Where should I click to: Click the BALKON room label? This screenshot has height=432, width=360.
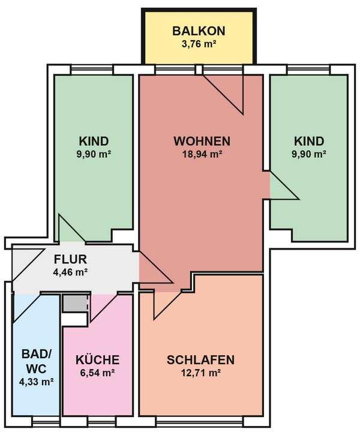[199, 31]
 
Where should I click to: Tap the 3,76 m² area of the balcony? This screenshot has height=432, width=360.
[199, 44]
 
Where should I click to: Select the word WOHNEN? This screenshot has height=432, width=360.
[202, 141]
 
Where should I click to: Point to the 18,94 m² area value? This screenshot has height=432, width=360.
[202, 154]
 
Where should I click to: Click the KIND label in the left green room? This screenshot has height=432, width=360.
[94, 141]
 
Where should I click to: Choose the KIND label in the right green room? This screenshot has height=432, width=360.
[309, 141]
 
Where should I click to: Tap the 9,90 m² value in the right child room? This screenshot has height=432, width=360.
[309, 154]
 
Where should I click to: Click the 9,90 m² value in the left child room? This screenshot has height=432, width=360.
[94, 154]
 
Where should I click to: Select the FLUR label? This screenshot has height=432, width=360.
[70, 260]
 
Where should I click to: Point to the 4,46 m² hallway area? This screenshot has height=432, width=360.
[70, 272]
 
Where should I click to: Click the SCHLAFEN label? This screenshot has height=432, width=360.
[200, 360]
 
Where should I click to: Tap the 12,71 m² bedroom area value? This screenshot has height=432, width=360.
[201, 373]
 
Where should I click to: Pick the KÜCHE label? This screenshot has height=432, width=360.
[98, 359]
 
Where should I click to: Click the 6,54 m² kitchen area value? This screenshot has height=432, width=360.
[98, 373]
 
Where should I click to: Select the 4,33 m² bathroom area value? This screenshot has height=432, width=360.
[37, 382]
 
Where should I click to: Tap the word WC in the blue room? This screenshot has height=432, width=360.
[37, 368]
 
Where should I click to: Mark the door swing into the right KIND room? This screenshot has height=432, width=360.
[284, 185]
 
